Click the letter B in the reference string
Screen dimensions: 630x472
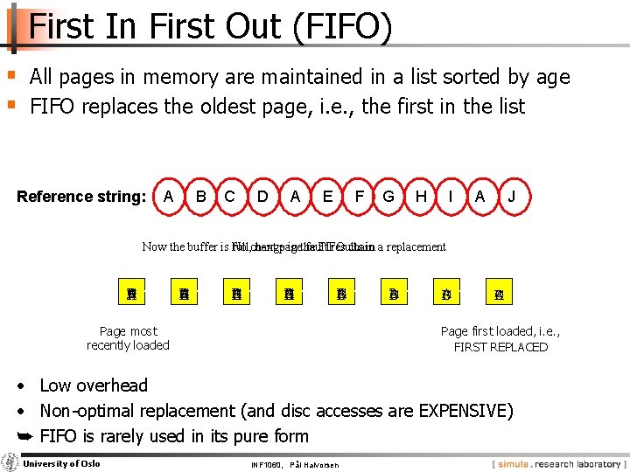pos(200,197)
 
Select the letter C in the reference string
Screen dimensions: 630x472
pos(230,197)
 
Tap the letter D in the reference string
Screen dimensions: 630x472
pos(262,197)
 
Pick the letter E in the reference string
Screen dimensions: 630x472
pos(327,197)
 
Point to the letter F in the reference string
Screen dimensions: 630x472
pos(359,197)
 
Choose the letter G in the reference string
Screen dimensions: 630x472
pos(388,197)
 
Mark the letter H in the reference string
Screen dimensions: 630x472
pos(421,197)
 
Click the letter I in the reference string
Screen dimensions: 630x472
pos(450,197)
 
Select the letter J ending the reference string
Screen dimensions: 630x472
pos(512,197)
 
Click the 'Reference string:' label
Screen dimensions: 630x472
pos(81,197)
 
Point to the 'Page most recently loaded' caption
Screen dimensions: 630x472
pos(128,338)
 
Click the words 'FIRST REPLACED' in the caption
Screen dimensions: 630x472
pos(500,347)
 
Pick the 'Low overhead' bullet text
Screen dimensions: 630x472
pos(94,385)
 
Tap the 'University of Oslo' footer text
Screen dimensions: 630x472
pos(61,463)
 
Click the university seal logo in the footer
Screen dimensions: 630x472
pos(10,462)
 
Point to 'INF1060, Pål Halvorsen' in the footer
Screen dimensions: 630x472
pos(294,464)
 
